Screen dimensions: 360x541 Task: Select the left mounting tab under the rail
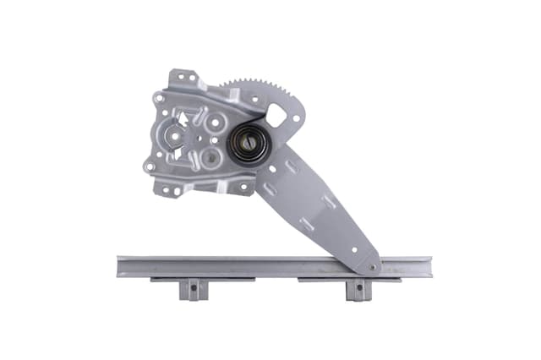tap(193, 288)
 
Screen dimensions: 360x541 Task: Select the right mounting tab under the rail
tap(358, 289)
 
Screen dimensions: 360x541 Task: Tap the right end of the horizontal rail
tap(429, 267)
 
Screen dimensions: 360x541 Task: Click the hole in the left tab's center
tap(193, 288)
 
